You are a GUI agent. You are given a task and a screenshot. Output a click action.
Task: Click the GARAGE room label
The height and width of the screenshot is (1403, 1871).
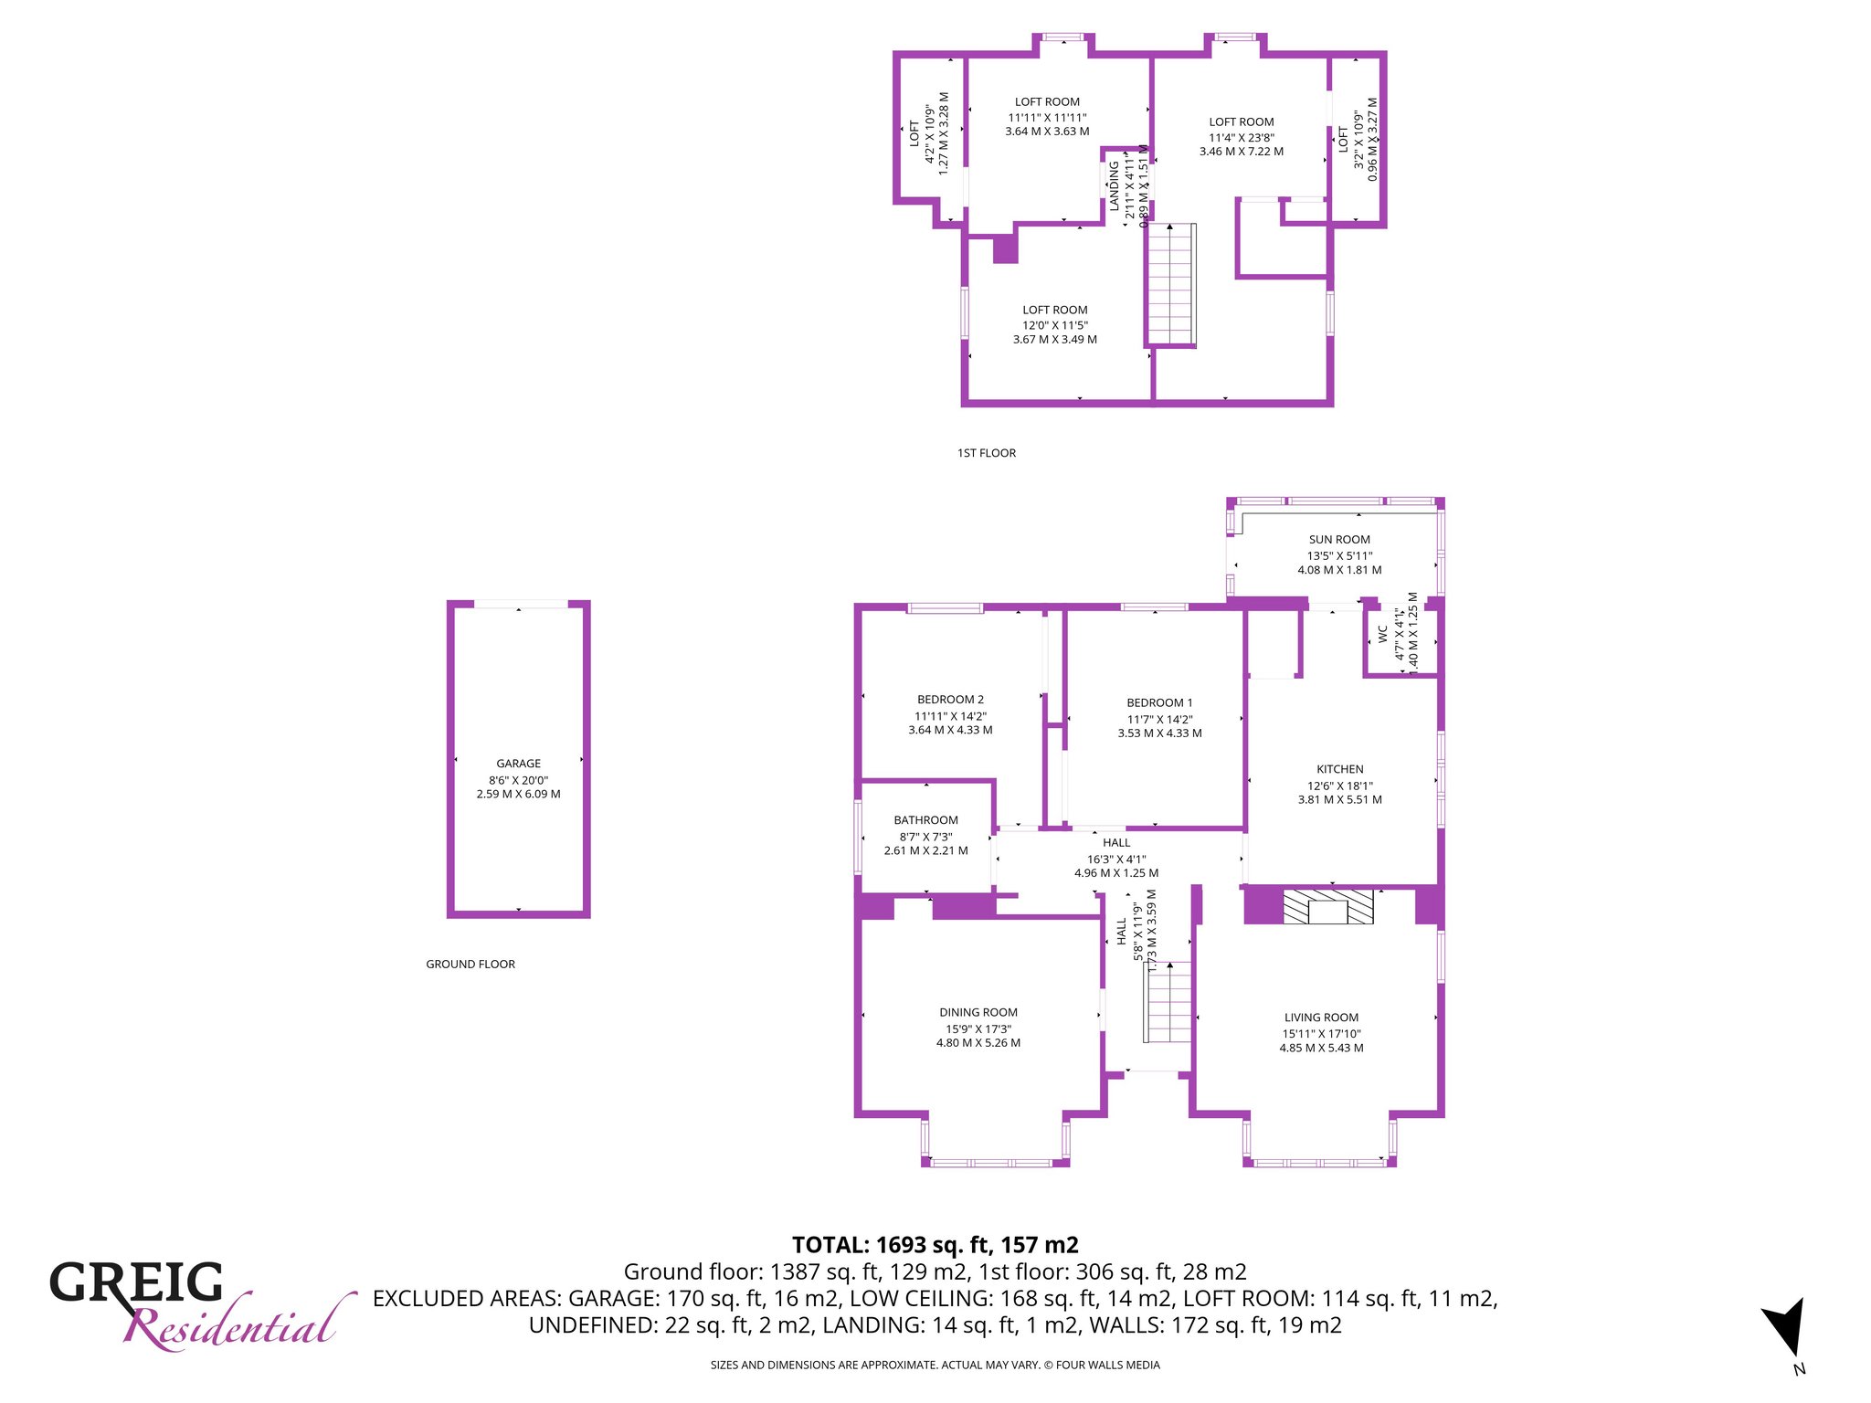tap(518, 764)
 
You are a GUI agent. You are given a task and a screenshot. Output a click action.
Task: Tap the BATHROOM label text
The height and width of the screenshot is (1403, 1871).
tap(925, 820)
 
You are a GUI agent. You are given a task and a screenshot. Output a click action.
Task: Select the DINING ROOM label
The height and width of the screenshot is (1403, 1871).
tap(978, 1012)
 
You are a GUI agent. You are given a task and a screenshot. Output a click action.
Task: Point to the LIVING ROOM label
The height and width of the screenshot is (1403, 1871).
tap(1321, 1018)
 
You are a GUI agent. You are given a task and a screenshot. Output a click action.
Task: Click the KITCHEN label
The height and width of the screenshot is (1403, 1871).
tap(1340, 769)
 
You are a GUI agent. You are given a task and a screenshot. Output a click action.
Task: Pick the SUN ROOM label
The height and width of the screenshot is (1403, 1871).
tap(1339, 540)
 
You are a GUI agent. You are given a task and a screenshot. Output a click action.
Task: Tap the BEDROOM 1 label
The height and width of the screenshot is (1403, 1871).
tap(1159, 702)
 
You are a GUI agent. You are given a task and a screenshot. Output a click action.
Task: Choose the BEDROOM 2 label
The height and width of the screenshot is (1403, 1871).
tap(950, 700)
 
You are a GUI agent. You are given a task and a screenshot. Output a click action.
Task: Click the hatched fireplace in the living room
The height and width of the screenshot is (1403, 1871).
tap(1328, 907)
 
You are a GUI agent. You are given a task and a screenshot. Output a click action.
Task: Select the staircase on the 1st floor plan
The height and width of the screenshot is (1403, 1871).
tap(1171, 283)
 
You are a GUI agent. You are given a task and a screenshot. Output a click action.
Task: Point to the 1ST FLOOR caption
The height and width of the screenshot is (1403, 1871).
tap(987, 453)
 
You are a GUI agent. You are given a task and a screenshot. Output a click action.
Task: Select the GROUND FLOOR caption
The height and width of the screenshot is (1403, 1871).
tap(470, 965)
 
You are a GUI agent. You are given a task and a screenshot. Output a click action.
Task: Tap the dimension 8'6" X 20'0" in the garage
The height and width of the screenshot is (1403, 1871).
tap(518, 780)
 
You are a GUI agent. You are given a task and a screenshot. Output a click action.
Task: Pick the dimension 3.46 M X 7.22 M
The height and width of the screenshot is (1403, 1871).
tap(1242, 152)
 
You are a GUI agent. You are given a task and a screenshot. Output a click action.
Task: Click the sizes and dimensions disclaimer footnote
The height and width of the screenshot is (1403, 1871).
tap(935, 1366)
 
